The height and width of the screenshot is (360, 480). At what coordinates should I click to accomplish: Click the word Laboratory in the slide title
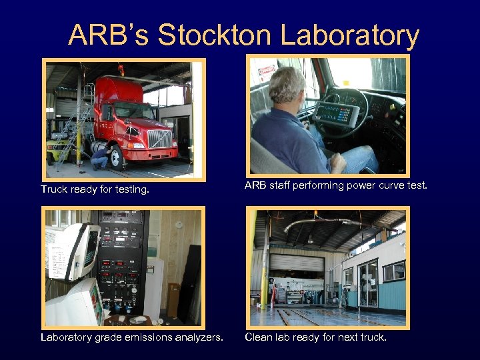coord(350,35)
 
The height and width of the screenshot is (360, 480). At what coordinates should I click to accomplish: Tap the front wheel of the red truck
coord(115,157)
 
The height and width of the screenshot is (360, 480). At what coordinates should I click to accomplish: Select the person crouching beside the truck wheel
coord(100,158)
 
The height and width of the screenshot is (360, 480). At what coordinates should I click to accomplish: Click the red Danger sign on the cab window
coord(267,69)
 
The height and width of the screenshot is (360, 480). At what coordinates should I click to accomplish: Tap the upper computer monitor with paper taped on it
coord(71,250)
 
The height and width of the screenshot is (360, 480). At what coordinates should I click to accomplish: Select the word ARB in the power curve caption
coord(255,185)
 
